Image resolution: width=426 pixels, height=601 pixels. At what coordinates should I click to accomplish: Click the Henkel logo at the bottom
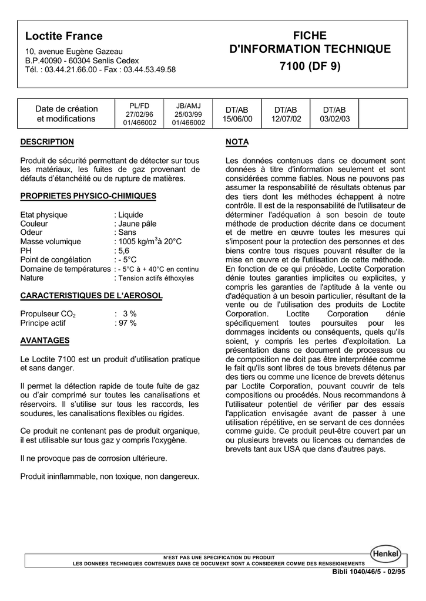click(385, 553)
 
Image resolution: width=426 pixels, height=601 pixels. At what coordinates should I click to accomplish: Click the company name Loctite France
click(63, 36)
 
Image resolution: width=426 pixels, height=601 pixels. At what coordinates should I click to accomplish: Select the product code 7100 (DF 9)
click(310, 66)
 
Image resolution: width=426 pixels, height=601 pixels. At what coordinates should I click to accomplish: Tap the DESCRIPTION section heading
click(47, 142)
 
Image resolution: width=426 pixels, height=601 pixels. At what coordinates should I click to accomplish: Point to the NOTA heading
click(237, 142)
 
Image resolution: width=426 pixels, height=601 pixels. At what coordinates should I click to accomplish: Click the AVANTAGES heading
click(45, 340)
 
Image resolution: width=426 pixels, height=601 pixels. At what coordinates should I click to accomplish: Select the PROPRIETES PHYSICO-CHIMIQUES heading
click(88, 196)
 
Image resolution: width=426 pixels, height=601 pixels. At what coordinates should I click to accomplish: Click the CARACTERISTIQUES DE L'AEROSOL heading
click(91, 295)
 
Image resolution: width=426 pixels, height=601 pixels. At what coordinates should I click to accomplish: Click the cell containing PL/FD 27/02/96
click(139, 114)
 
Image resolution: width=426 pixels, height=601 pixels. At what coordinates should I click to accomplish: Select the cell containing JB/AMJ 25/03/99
click(189, 114)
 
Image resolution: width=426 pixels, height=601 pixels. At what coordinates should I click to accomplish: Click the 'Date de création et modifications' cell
click(66, 114)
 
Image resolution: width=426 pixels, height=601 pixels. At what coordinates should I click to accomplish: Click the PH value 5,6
click(123, 251)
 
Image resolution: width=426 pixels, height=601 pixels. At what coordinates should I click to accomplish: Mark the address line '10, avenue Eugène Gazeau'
click(74, 52)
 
